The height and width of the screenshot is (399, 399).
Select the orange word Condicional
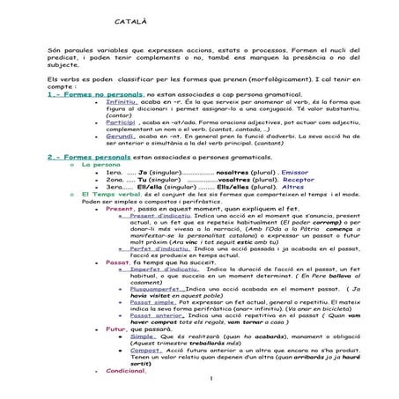(124, 394)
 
